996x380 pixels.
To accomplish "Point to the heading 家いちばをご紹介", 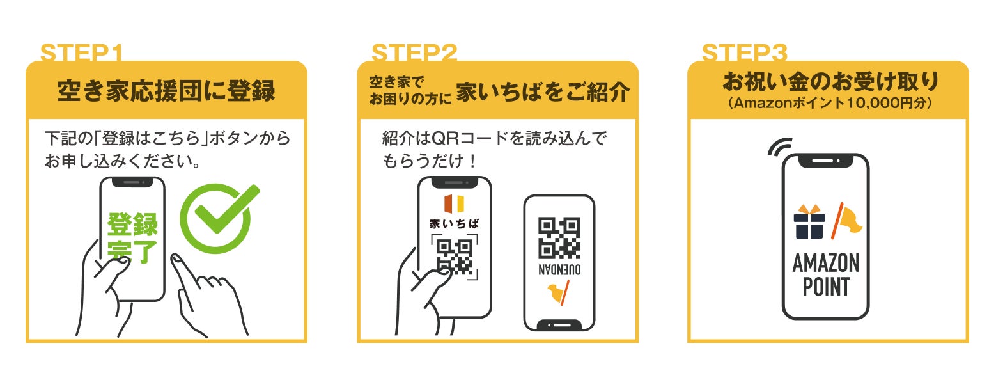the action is (x=543, y=92).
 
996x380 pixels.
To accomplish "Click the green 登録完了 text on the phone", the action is (x=132, y=238).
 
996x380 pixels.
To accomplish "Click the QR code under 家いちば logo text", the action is (x=454, y=256).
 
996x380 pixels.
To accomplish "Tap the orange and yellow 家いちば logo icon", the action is (x=454, y=203).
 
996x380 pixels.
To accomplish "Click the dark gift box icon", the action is (x=809, y=223).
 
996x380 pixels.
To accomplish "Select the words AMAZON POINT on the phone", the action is (x=825, y=274).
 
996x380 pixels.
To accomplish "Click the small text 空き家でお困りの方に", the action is (x=409, y=91).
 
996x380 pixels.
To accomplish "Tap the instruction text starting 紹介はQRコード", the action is (x=492, y=149).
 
